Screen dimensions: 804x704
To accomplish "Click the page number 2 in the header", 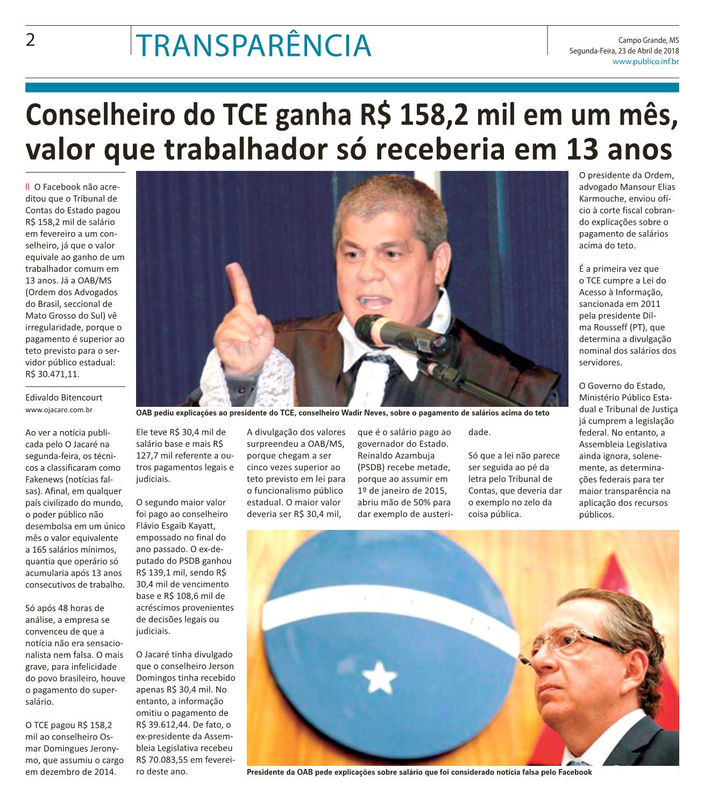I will (31, 40).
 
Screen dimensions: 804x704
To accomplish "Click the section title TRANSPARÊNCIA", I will (253, 46).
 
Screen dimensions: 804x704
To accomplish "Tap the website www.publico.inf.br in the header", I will (645, 62).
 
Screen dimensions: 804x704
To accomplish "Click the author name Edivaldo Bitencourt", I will (63, 398).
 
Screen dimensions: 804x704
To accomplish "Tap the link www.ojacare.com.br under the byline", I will (59, 410).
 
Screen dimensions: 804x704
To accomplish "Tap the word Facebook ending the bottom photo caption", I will (575, 772).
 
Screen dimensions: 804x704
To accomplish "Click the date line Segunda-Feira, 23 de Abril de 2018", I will (624, 51).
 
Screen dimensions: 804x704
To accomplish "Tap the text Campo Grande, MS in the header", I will (648, 40).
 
